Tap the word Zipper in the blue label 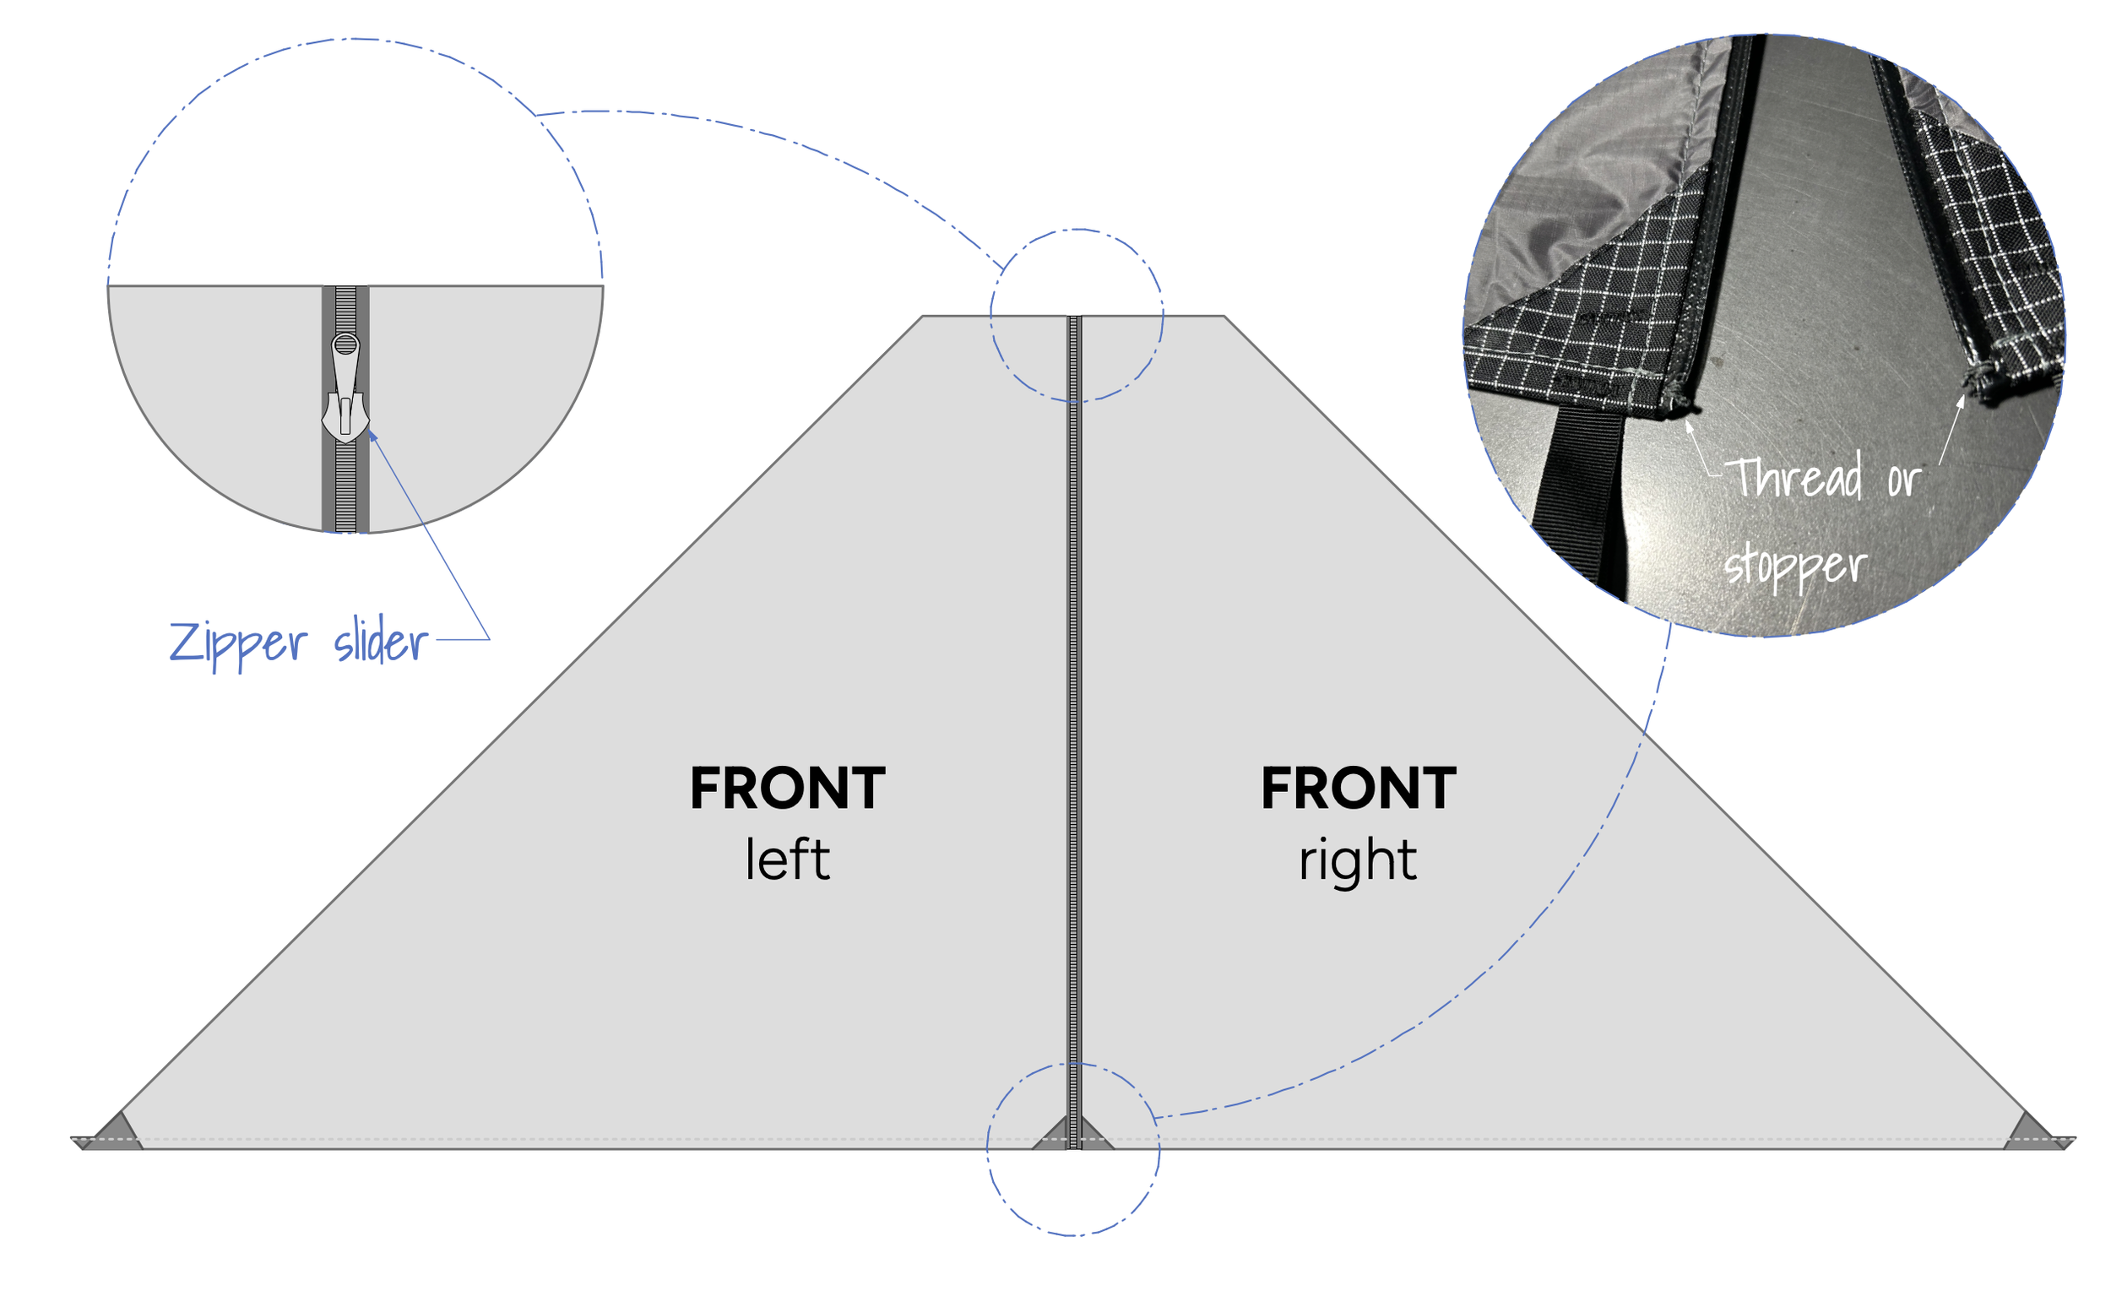point(238,643)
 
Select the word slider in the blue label point(380,642)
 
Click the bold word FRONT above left point(787,789)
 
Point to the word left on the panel point(787,860)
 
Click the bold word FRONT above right point(1358,789)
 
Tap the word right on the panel point(1357,861)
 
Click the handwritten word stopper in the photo point(1795,567)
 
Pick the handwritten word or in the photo point(1903,480)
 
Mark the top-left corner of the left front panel point(923,317)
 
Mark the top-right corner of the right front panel point(1224,317)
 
